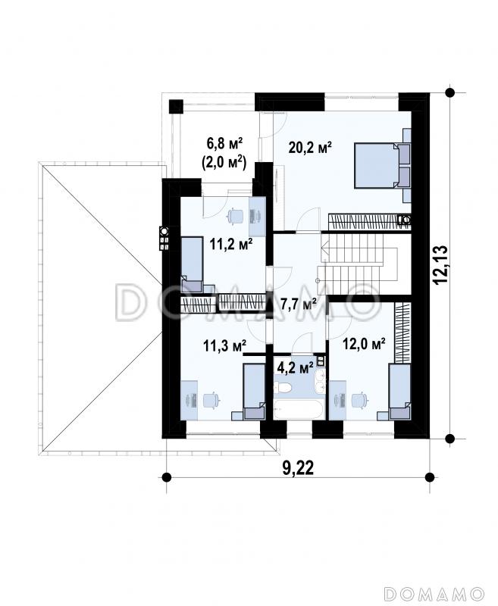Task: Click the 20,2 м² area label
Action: click(311, 148)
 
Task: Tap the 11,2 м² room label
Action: click(231, 244)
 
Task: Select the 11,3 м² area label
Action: click(225, 346)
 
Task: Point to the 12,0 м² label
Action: click(365, 344)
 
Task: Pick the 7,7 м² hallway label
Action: click(299, 305)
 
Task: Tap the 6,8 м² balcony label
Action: click(224, 144)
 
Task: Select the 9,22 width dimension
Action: click(298, 468)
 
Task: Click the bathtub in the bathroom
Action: click(299, 410)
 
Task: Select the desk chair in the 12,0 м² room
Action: click(358, 400)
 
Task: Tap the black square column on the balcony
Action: click(176, 106)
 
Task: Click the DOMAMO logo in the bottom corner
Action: click(435, 593)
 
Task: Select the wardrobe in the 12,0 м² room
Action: click(402, 333)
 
